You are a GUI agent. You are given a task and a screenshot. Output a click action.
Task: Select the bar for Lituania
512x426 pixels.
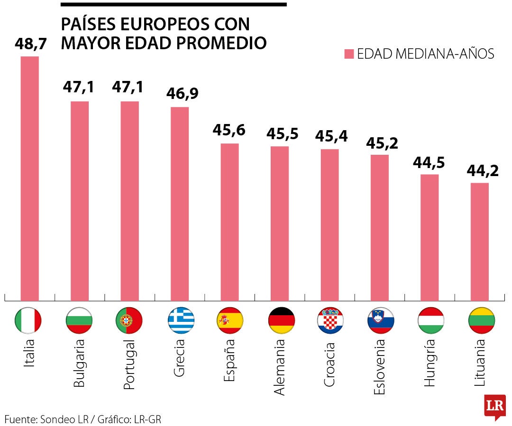pyautogui.click(x=479, y=241)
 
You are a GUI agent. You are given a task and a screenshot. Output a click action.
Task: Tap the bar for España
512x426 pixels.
pyautogui.click(x=229, y=222)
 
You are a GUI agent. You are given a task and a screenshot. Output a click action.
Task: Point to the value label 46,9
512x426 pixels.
pyautogui.click(x=182, y=93)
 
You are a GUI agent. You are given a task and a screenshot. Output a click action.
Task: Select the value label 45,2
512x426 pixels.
pyautogui.click(x=381, y=142)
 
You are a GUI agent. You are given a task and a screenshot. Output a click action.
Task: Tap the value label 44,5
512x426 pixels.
pyautogui.click(x=429, y=162)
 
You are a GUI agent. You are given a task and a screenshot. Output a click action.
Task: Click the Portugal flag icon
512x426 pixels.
pyautogui.click(x=128, y=320)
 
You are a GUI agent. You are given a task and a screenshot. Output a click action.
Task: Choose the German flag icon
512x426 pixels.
pyautogui.click(x=282, y=320)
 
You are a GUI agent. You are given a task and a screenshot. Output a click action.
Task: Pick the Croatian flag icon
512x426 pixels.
pyautogui.click(x=330, y=320)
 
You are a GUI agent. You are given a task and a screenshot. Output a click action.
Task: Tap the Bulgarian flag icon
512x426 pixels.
pyautogui.click(x=79, y=320)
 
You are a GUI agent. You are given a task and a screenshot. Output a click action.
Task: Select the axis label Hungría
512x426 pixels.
pyautogui.click(x=430, y=363)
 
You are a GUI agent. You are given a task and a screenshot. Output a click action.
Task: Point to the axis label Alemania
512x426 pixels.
pyautogui.click(x=280, y=367)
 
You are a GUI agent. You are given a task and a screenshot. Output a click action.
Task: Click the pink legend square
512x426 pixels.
pyautogui.click(x=349, y=54)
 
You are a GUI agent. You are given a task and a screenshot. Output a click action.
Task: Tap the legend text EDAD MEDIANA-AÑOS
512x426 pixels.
pyautogui.click(x=425, y=54)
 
